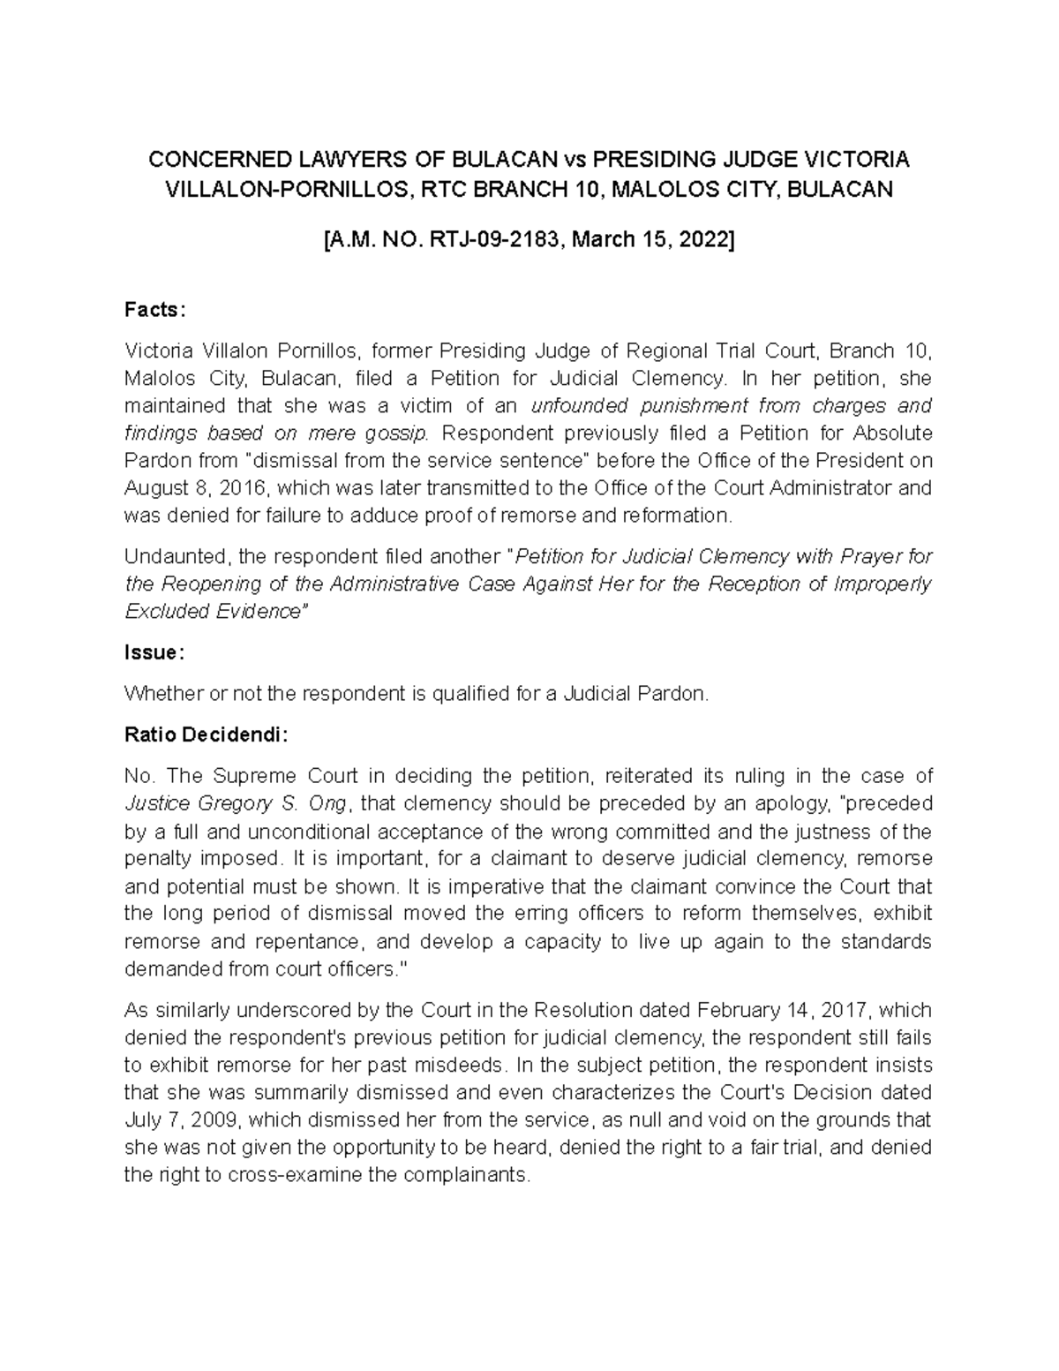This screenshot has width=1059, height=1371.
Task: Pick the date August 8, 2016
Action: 188,488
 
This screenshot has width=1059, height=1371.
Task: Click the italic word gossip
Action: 398,433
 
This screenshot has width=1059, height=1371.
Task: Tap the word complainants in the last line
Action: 473,1176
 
